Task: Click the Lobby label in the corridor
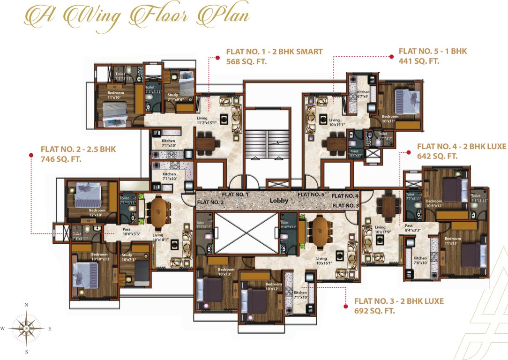(278, 201)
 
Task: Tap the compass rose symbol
(26, 328)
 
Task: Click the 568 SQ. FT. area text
(247, 61)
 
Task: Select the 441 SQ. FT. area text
(418, 61)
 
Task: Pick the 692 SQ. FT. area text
(375, 311)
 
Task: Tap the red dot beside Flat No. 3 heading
(345, 307)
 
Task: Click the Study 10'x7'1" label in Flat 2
(127, 257)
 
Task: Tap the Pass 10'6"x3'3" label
(131, 231)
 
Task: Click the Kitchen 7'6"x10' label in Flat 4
(420, 260)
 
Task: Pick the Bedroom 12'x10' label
(97, 213)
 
